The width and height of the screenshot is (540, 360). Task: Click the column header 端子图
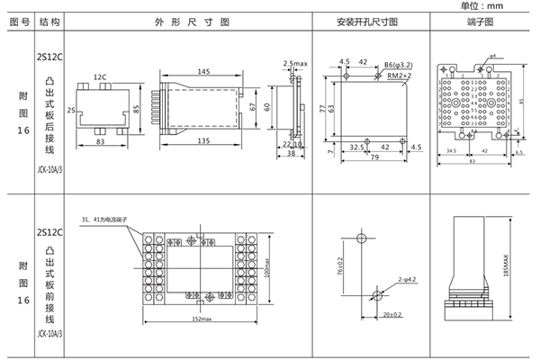coord(477,21)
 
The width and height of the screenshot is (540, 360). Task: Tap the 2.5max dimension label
coord(295,64)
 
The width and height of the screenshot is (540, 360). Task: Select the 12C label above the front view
coord(100,76)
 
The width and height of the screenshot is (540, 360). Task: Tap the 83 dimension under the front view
coord(100,143)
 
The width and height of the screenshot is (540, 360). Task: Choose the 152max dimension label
coord(202,319)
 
